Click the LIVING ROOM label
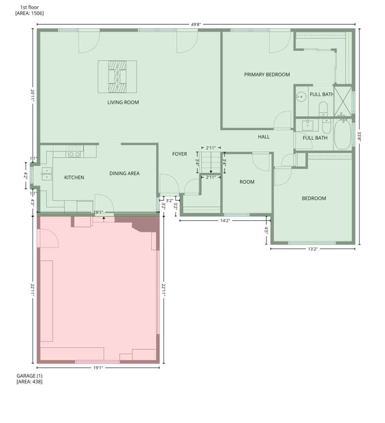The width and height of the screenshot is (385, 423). click(123, 103)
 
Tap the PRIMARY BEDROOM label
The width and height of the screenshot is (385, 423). click(267, 74)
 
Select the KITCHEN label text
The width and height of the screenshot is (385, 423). click(74, 177)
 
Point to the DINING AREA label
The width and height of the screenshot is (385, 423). click(124, 174)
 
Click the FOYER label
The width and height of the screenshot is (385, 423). click(180, 154)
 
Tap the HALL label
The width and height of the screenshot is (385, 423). click(264, 137)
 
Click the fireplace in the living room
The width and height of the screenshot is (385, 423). click(117, 76)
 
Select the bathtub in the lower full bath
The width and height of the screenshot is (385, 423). click(343, 134)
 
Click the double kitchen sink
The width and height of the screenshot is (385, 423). click(47, 174)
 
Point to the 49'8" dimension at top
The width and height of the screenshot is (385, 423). click(196, 24)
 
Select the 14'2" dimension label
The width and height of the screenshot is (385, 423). click(225, 221)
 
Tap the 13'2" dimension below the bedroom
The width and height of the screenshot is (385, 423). click(312, 249)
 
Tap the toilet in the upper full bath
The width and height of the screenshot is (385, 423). click(323, 108)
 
